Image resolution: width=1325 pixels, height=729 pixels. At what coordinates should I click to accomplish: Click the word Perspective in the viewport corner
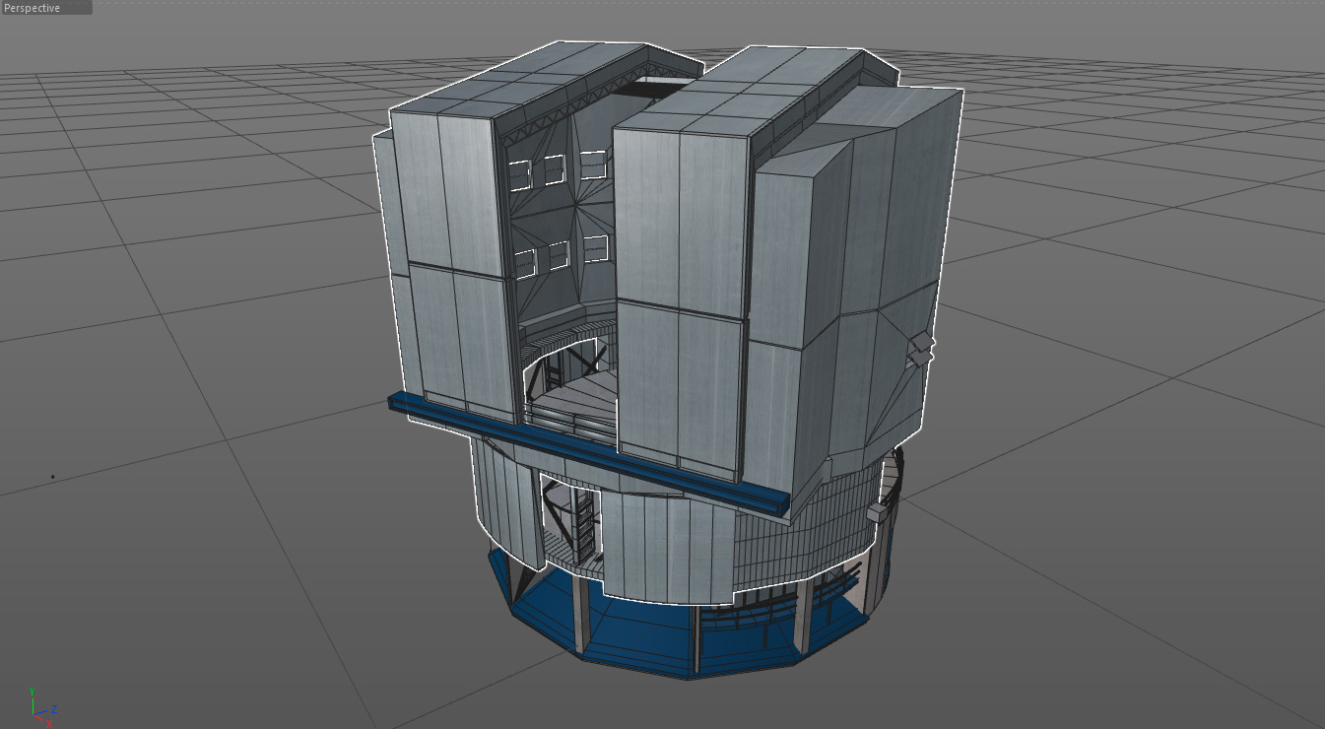point(32,8)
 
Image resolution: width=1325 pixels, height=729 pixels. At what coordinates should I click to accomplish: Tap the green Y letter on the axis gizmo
point(32,692)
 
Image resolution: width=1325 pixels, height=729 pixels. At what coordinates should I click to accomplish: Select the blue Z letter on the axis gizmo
point(54,709)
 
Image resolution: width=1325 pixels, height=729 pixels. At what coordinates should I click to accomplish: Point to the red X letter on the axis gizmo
point(49,723)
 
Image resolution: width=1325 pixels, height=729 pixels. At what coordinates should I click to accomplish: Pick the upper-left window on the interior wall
point(519,175)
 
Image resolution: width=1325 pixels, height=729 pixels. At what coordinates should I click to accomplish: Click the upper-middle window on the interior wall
point(555,169)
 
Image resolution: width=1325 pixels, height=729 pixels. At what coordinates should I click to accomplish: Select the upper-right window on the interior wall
point(593,166)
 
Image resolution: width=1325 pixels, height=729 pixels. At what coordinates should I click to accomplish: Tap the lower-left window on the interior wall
point(525,263)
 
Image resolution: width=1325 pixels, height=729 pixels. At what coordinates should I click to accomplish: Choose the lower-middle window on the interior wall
point(559,255)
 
